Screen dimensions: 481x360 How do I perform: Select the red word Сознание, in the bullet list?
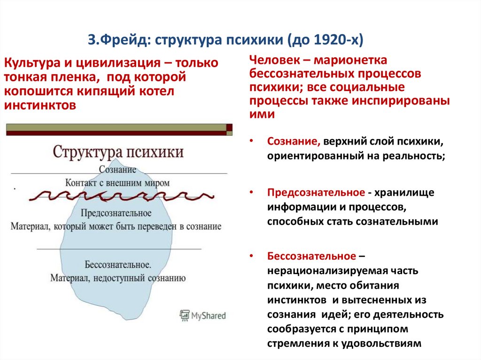tap(294, 141)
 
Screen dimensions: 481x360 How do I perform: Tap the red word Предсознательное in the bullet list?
tap(316, 192)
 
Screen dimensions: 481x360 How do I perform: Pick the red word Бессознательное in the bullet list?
tap(312, 256)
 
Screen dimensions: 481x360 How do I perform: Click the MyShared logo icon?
tap(184, 315)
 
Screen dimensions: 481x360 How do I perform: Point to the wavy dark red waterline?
tap(122, 196)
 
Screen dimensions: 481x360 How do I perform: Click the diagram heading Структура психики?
tap(118, 152)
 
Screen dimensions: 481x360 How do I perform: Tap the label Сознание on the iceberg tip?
tap(117, 169)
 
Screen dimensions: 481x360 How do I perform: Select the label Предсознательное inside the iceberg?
tap(116, 213)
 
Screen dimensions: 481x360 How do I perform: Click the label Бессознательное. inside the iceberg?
tap(118, 265)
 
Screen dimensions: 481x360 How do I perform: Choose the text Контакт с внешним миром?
tap(117, 183)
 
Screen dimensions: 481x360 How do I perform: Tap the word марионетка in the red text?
tap(350, 60)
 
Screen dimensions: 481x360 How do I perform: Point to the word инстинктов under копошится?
tap(40, 105)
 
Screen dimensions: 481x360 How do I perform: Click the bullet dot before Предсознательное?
tap(252, 192)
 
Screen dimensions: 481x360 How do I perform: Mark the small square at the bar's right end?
tap(229, 127)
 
